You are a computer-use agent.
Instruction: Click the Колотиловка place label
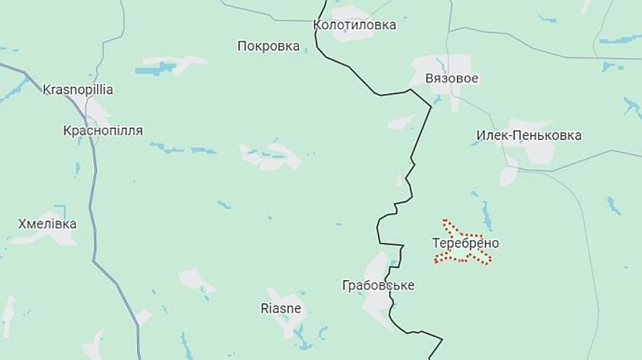[355, 25]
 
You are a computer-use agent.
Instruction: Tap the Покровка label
[268, 46]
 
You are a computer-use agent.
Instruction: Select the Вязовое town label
[452, 78]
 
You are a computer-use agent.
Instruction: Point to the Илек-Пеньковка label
[529, 135]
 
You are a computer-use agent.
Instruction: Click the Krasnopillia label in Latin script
[78, 90]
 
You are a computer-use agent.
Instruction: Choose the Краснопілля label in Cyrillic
[103, 130]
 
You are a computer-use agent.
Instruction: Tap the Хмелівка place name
[47, 224]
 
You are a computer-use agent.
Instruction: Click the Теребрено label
[465, 243]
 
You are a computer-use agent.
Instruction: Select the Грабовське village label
[378, 285]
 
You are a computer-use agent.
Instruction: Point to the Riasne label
[280, 309]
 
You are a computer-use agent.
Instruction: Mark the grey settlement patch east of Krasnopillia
[96, 111]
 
